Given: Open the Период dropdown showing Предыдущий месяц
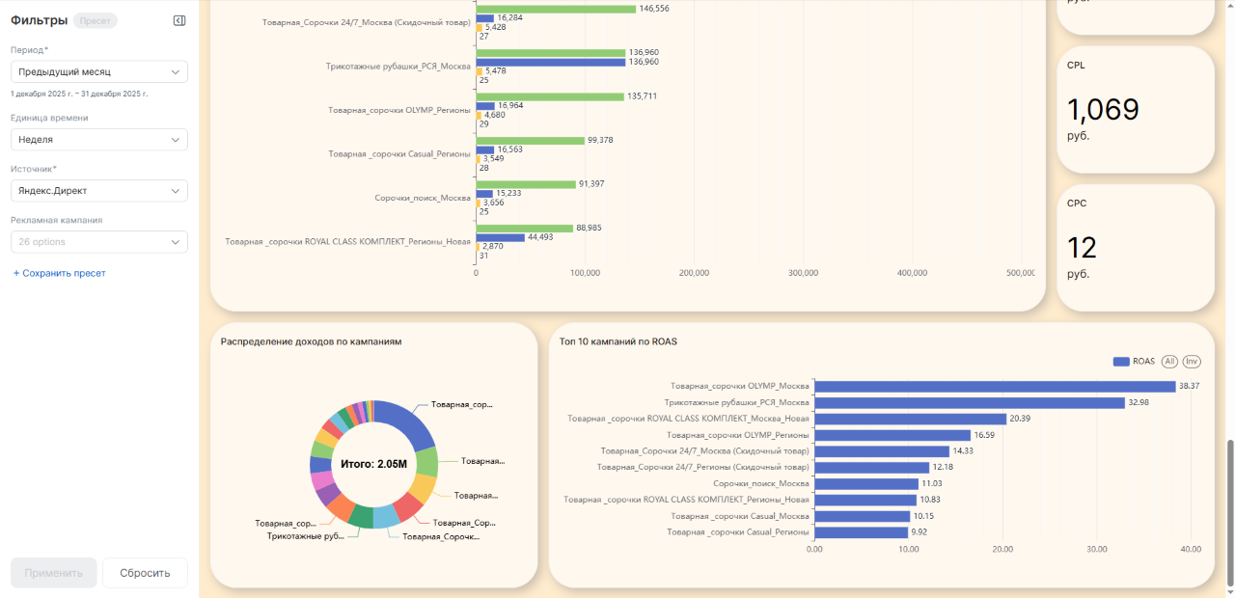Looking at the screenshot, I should pyautogui.click(x=98, y=72).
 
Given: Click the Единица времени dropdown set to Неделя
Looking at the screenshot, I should pyautogui.click(x=98, y=140).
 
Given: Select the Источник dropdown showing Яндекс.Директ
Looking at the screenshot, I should pyautogui.click(x=98, y=191).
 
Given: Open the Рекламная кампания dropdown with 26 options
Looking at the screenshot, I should pyautogui.click(x=98, y=242).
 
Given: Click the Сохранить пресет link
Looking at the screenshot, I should pyautogui.click(x=59, y=273).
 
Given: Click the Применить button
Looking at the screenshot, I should pyautogui.click(x=54, y=573).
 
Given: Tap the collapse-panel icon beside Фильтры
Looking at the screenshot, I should pyautogui.click(x=179, y=21).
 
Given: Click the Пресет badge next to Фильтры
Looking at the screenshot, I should pyautogui.click(x=95, y=21).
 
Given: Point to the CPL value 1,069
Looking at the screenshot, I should pyautogui.click(x=1103, y=110).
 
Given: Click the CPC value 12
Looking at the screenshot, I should pyautogui.click(x=1083, y=248).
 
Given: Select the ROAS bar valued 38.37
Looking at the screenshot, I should pyautogui.click(x=995, y=386).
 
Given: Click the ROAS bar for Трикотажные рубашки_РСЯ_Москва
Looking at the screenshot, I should pyautogui.click(x=970, y=402).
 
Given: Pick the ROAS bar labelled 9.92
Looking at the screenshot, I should pyautogui.click(x=861, y=531).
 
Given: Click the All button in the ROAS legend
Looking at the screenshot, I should pyautogui.click(x=1169, y=362).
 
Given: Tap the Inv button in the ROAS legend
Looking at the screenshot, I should pyautogui.click(x=1192, y=362).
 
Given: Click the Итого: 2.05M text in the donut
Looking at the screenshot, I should pyautogui.click(x=373, y=464).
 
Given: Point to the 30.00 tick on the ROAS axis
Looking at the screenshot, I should pyautogui.click(x=1097, y=550).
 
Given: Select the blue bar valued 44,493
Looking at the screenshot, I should pyautogui.click(x=501, y=237).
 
